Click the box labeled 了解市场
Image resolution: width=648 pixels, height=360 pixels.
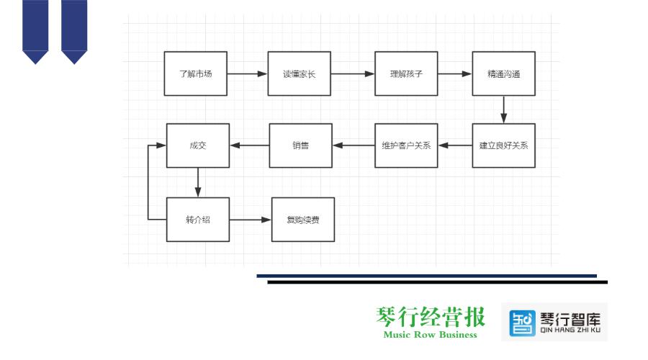(195, 73)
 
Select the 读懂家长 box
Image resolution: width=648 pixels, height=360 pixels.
(300, 73)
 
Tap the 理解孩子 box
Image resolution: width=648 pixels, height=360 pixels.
(406, 73)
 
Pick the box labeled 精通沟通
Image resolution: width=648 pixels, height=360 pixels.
(504, 73)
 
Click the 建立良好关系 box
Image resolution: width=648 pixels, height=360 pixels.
(504, 145)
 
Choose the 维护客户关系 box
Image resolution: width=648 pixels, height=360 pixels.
(406, 145)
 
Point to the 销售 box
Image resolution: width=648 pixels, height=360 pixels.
(300, 145)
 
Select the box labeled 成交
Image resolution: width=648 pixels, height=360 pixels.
(198, 145)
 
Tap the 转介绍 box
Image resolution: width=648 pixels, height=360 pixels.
(198, 220)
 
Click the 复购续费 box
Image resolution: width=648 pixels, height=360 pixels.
(303, 220)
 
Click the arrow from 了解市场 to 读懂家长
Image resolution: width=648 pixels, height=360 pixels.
(247, 74)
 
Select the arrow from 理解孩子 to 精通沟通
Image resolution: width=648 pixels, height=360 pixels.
(454, 74)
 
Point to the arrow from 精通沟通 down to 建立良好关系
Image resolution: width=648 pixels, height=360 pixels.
(504, 109)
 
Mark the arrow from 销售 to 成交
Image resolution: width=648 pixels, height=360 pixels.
(250, 145)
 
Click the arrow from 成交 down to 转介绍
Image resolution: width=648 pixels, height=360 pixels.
(198, 182)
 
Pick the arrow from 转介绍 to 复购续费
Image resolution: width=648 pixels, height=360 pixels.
(250, 220)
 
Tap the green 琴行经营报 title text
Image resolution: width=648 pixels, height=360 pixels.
(431, 317)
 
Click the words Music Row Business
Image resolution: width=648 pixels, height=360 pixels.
(431, 335)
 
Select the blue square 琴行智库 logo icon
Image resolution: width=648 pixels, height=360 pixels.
(522, 323)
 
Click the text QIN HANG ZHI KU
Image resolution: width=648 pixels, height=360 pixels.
(570, 330)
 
